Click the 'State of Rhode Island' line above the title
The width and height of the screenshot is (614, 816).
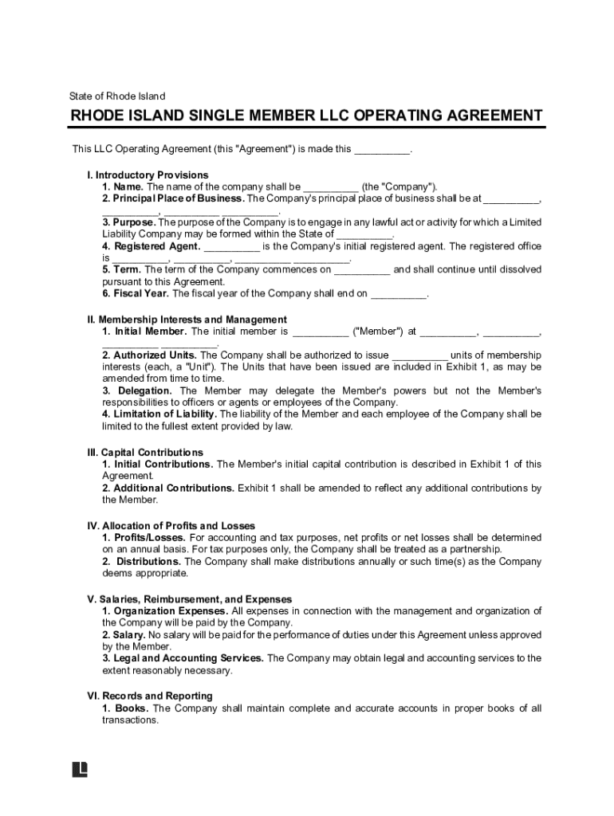pos(117,96)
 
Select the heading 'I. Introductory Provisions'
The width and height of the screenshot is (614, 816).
pos(148,175)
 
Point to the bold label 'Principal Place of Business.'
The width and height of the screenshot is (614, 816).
pos(179,198)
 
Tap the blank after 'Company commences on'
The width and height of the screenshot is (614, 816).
pos(362,270)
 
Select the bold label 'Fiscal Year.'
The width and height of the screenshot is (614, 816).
pos(140,293)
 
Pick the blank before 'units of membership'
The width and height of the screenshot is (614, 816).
pos(420,355)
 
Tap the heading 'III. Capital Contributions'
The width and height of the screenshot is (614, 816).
pos(145,452)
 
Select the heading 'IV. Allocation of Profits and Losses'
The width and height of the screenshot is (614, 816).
pos(171,526)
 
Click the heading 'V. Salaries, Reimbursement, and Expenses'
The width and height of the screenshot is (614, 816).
pos(189,599)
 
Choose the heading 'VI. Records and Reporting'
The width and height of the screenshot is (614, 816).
pos(150,696)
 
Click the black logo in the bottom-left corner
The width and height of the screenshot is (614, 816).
pos(80,769)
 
